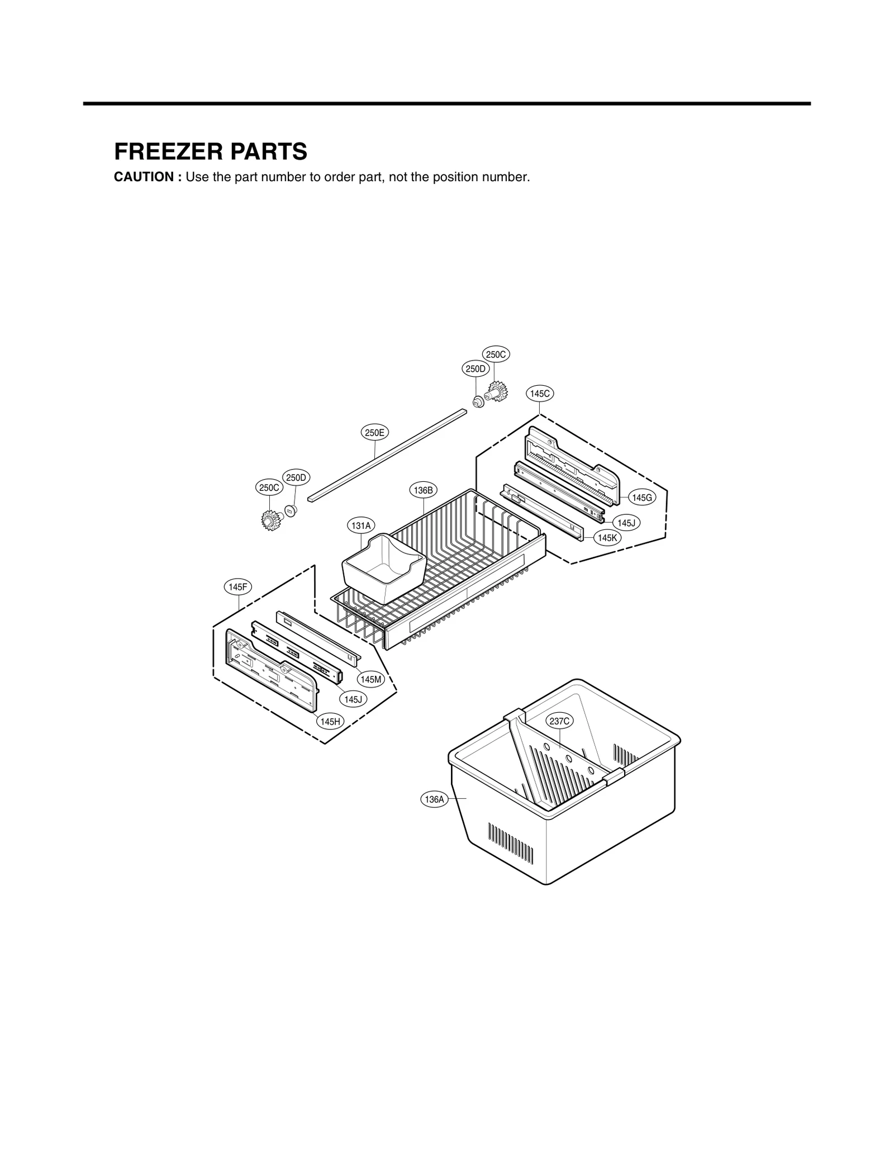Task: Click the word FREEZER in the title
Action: coord(165,151)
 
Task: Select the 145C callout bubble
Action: coord(540,394)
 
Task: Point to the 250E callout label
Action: coord(374,432)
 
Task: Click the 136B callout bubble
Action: coord(423,490)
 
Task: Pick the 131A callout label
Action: coord(361,525)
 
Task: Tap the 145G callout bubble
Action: coord(642,498)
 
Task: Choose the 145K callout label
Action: coord(607,538)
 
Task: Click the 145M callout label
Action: coord(371,679)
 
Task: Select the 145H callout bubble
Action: coord(330,722)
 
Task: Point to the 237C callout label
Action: coord(559,721)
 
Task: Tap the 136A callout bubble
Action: coord(434,799)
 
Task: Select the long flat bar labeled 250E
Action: coord(386,454)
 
